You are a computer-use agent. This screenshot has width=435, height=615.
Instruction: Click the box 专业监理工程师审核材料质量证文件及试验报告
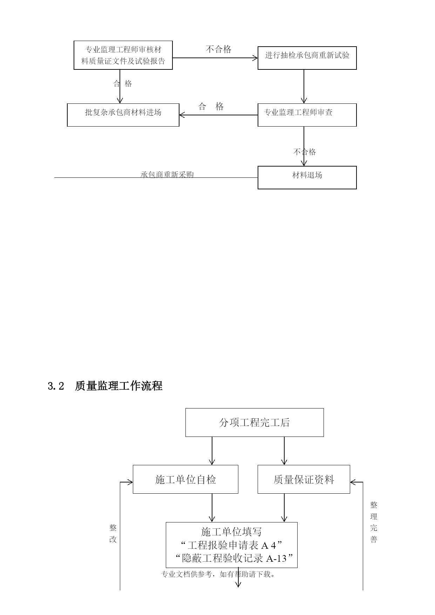123,55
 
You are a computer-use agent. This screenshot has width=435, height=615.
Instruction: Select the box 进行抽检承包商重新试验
307,58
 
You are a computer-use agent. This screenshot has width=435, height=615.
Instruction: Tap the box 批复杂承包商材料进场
123,115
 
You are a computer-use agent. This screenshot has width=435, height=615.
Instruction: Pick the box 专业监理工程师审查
307,115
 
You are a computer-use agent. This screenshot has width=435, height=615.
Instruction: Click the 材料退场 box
307,177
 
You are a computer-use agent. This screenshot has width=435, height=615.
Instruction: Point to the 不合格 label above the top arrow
219,49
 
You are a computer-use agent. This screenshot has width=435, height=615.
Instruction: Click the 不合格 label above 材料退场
305,152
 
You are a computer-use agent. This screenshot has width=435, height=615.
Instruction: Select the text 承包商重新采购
167,175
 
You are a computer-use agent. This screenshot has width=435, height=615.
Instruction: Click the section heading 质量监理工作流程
119,386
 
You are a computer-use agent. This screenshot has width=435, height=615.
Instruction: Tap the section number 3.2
56,386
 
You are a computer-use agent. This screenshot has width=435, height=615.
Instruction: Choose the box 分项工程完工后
254,423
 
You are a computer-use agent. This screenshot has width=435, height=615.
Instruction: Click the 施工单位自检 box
185,479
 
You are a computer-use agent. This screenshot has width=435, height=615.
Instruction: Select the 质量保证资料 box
304,479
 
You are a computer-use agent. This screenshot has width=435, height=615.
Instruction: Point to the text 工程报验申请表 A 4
232,545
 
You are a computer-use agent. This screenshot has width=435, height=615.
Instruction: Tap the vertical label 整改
113,533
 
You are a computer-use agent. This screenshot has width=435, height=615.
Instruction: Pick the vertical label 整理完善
374,522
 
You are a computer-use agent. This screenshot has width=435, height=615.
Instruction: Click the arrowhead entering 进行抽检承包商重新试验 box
255,58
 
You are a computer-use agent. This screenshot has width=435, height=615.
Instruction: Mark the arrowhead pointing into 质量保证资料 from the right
353,482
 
